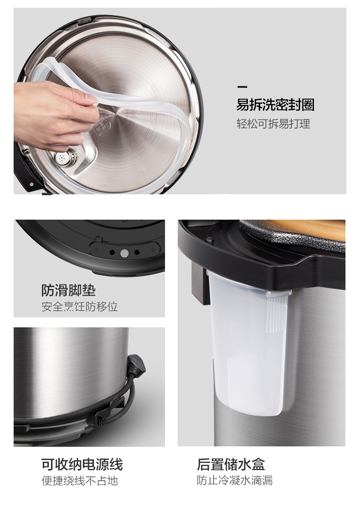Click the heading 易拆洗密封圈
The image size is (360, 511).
[x=276, y=105]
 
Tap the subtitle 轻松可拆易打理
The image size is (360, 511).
[x=273, y=124]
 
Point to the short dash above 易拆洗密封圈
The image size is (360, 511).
[x=242, y=86]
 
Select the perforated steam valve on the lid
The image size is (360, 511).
[x=62, y=158]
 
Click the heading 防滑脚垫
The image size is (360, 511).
[x=69, y=290]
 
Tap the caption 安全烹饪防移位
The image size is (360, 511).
[x=80, y=306]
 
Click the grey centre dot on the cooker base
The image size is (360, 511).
[x=124, y=253]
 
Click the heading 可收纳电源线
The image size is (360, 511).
[x=82, y=464]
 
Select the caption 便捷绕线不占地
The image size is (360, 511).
[x=80, y=481]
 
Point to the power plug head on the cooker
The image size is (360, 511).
[x=137, y=364]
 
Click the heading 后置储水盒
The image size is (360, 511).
[x=231, y=464]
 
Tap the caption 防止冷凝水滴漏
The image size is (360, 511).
[x=235, y=480]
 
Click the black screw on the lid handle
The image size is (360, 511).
[x=31, y=184]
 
